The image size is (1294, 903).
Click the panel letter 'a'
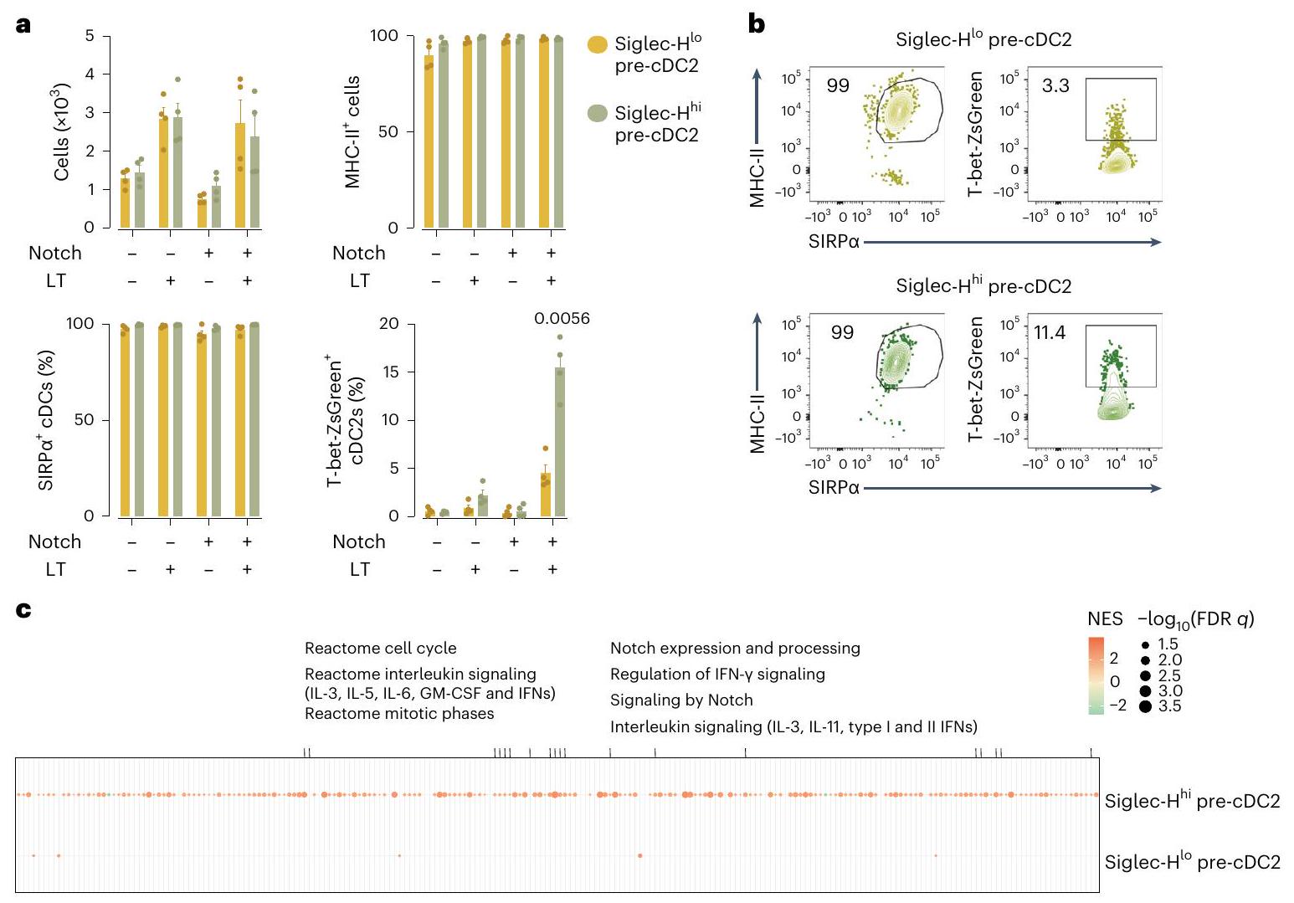coord(23,25)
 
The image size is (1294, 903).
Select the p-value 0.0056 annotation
coord(562,319)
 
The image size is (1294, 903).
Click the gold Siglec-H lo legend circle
coord(598,45)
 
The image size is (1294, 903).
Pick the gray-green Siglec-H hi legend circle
coord(598,114)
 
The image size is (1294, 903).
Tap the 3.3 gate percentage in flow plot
coord(1055,86)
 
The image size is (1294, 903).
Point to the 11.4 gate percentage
coord(1050,333)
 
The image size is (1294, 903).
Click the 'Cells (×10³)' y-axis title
coord(61,131)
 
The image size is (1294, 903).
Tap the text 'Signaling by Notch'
coord(681,700)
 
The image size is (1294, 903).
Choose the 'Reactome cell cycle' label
coord(381,648)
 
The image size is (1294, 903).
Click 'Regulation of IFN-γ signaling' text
coord(717,674)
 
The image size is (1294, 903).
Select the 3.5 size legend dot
coord(1145,706)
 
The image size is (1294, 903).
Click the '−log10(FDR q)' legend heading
coord(1195,620)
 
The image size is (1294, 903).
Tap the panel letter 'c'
coord(23,611)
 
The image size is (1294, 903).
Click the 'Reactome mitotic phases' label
coord(399,713)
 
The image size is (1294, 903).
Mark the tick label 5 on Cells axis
coord(90,36)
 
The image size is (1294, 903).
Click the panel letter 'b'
coord(756,25)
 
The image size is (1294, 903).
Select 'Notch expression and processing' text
coord(735,648)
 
